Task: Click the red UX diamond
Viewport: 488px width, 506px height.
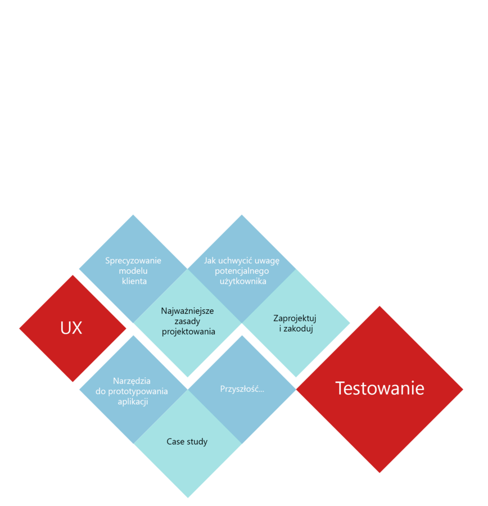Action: pos(72,328)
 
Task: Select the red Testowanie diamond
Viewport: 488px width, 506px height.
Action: pos(380,388)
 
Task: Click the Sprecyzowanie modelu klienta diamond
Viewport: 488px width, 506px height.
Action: pos(133,270)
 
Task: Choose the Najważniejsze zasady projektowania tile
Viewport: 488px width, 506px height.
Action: pos(188,321)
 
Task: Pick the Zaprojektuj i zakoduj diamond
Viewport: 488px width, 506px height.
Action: pos(296,323)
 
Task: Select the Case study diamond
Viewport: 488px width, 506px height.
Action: pos(187,442)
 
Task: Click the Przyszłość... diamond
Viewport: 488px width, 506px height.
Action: pos(242,388)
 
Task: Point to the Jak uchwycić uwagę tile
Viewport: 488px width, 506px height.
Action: pos(242,270)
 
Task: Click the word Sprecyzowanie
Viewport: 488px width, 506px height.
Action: pos(133,260)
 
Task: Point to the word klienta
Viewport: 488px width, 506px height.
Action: pos(134,281)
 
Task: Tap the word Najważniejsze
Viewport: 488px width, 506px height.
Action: pos(187,311)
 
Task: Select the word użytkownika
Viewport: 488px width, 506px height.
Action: pos(243,281)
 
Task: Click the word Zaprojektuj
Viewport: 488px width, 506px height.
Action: pos(295,318)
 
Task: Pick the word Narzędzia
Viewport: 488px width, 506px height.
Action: pos(132,381)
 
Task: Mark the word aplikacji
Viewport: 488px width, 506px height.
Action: pos(133,401)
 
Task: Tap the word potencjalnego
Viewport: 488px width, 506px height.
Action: pos(242,270)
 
